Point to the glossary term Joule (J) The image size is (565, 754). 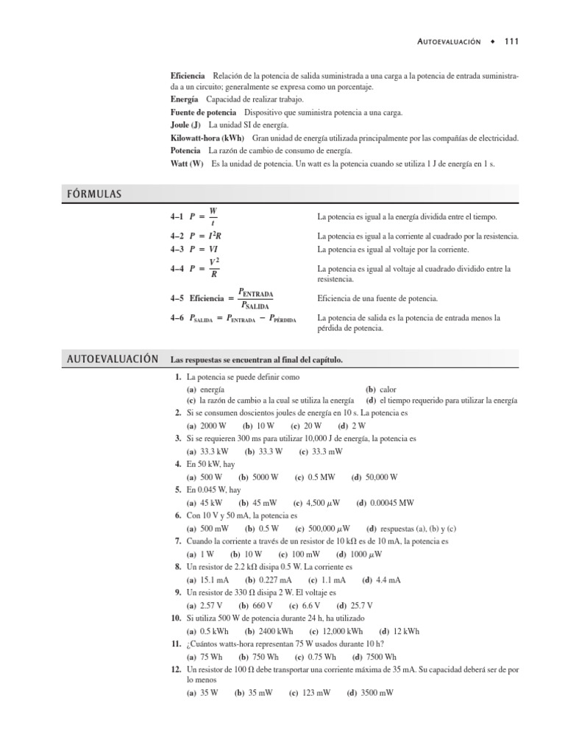pos(185,125)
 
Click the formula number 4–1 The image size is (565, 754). pos(177,217)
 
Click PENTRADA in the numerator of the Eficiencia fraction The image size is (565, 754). pos(257,292)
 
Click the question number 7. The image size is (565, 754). pos(178,541)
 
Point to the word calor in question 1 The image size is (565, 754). pos(388,389)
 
